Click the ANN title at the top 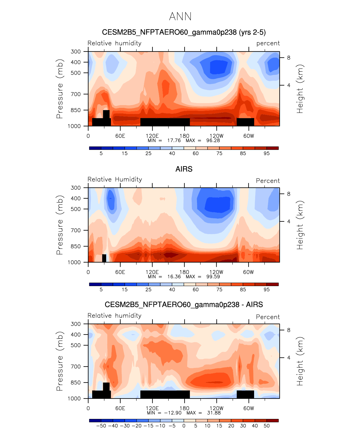(x=180, y=17)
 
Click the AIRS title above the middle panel (x=184, y=169)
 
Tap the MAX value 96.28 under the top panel (x=213, y=140)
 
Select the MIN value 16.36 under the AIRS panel (x=174, y=277)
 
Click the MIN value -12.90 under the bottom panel (x=173, y=413)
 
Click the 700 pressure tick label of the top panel (x=76, y=94)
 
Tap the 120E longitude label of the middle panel (x=152, y=272)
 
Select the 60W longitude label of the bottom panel (x=248, y=408)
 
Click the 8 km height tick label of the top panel (x=289, y=58)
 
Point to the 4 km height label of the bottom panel (x=289, y=358)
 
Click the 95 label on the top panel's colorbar (x=266, y=153)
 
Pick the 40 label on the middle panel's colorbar (x=172, y=289)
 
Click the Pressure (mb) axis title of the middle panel (x=60, y=225)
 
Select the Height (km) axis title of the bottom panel (x=300, y=361)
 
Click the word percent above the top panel (x=268, y=43)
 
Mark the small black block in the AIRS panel (x=104, y=258)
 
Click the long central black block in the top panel (x=165, y=122)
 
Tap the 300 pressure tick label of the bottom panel (x=76, y=324)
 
